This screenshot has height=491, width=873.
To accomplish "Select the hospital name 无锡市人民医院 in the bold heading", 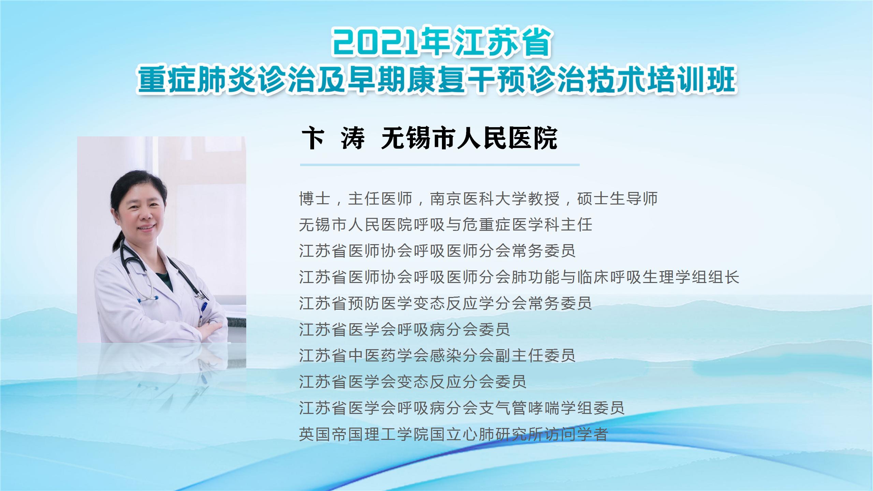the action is click(469, 138).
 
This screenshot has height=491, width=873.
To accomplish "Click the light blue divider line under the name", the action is click(440, 165).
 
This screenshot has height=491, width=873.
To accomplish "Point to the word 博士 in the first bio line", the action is click(314, 198).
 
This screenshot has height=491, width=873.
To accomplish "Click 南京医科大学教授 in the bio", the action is click(494, 198).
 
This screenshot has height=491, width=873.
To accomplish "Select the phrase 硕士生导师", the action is click(617, 198).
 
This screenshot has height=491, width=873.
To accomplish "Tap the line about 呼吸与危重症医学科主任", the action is click(445, 225).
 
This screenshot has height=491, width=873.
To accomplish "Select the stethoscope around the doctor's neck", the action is click(160, 273).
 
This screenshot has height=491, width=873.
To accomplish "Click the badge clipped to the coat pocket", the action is click(204, 312).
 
